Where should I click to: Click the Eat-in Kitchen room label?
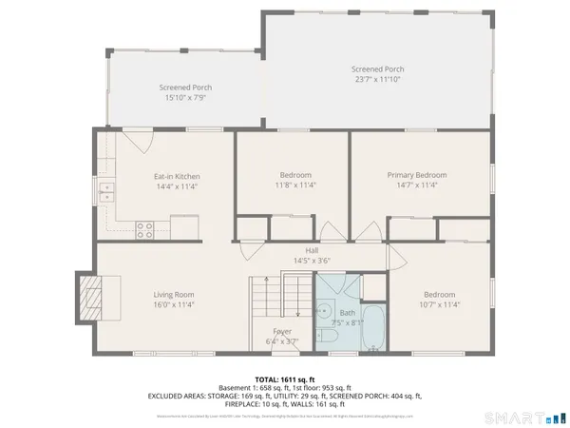pyautogui.click(x=177, y=176)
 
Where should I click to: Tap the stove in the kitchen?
pyautogui.click(x=146, y=228)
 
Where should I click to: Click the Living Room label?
pyautogui.click(x=175, y=295)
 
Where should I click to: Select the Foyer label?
pyautogui.click(x=281, y=330)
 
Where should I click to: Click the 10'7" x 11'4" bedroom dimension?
pyautogui.click(x=439, y=305)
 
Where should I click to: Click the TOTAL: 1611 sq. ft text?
pyautogui.click(x=285, y=379)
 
